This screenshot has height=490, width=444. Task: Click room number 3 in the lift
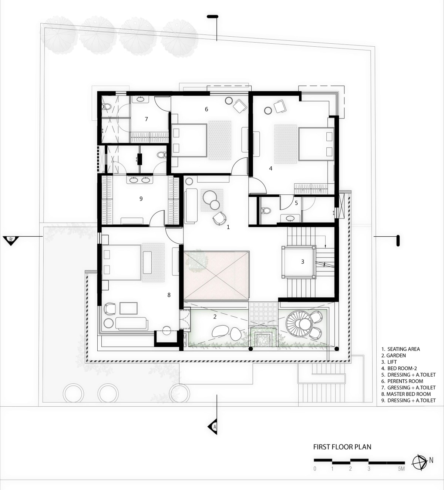[303, 262]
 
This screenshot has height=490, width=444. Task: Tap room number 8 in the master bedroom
[169, 295]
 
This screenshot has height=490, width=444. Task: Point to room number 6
[206, 109]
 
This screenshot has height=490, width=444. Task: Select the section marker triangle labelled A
[213, 427]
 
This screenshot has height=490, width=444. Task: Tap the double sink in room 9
[139, 180]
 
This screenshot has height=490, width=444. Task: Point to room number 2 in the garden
[215, 317]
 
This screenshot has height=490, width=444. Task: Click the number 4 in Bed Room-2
[271, 168]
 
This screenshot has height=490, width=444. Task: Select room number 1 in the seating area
[228, 227]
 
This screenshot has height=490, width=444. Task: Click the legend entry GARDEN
[393, 356]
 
